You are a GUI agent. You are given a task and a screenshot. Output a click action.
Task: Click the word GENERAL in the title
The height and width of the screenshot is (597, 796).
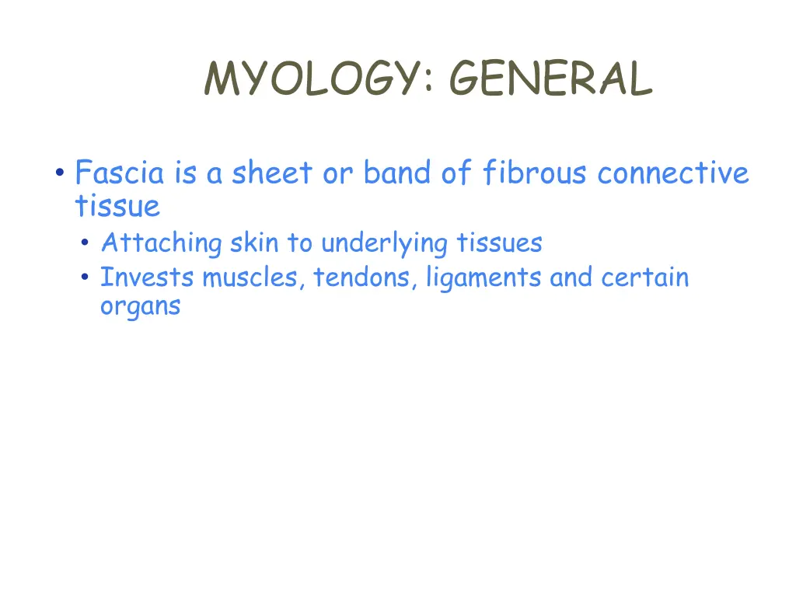pos(550,79)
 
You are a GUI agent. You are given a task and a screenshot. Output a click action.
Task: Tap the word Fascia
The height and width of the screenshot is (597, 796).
pos(120,173)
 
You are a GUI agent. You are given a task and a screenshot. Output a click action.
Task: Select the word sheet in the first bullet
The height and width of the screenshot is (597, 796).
pos(270,173)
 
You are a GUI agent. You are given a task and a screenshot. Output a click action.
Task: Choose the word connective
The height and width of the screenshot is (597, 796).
pos(673,173)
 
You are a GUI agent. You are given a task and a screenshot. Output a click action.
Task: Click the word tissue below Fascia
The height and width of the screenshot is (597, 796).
pos(117,207)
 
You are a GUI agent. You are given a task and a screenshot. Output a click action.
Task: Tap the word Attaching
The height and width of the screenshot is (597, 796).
pos(162,243)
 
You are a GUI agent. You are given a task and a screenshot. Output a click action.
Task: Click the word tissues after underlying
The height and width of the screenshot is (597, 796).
pos(499,243)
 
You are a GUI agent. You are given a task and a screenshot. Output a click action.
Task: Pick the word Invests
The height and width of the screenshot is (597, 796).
pos(147,278)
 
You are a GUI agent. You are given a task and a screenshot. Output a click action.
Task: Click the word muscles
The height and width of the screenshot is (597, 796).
pos(253,278)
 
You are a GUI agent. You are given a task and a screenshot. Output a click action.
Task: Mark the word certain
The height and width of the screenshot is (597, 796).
pos(644,278)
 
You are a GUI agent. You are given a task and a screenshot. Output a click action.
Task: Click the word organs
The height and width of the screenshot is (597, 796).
pos(140,305)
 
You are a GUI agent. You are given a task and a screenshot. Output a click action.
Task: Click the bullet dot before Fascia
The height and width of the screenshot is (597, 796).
pos(59,173)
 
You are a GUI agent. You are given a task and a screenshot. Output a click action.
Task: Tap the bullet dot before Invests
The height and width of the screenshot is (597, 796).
pos(85,278)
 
